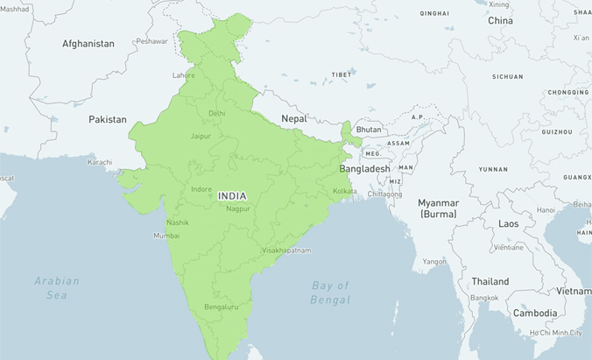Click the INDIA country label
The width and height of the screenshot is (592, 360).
click(x=232, y=195)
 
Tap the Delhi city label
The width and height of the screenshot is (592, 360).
click(x=217, y=113)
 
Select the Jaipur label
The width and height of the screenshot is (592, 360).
click(x=201, y=136)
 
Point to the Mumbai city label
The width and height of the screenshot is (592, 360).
click(x=166, y=236)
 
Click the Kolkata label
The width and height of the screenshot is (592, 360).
click(x=344, y=191)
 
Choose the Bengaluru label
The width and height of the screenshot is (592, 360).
click(x=221, y=307)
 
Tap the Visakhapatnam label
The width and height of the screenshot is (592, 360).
click(x=286, y=251)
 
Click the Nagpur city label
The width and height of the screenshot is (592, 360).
click(x=237, y=208)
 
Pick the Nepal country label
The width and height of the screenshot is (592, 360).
click(x=294, y=118)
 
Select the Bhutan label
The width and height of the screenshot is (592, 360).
click(x=369, y=130)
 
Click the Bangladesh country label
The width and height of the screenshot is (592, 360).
click(x=364, y=168)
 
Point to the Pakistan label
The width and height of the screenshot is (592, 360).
click(x=108, y=119)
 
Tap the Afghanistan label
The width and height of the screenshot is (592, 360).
click(x=88, y=43)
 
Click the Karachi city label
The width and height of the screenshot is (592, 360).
click(x=100, y=162)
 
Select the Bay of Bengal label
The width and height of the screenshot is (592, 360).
click(x=330, y=293)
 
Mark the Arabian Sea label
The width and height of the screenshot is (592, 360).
click(x=57, y=288)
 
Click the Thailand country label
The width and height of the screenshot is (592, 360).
click(x=490, y=282)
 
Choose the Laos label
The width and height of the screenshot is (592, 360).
click(x=509, y=224)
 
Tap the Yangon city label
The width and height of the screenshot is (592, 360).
click(x=434, y=262)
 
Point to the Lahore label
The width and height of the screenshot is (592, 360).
click(x=184, y=75)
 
